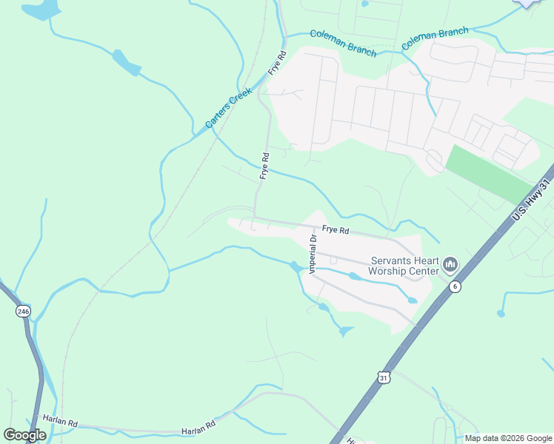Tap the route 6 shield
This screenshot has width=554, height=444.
[x=455, y=286]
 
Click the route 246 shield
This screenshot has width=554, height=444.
[x=23, y=312]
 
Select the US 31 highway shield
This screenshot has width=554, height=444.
[x=383, y=377]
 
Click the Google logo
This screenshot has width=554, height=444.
[x=24, y=435]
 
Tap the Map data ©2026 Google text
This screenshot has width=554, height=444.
[x=508, y=438]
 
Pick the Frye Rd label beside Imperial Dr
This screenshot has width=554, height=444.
[x=336, y=230]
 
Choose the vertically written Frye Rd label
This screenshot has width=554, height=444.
[x=264, y=166]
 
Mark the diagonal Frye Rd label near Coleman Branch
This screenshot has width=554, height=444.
[x=277, y=64]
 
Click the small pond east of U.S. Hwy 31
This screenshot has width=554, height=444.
[x=501, y=314]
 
